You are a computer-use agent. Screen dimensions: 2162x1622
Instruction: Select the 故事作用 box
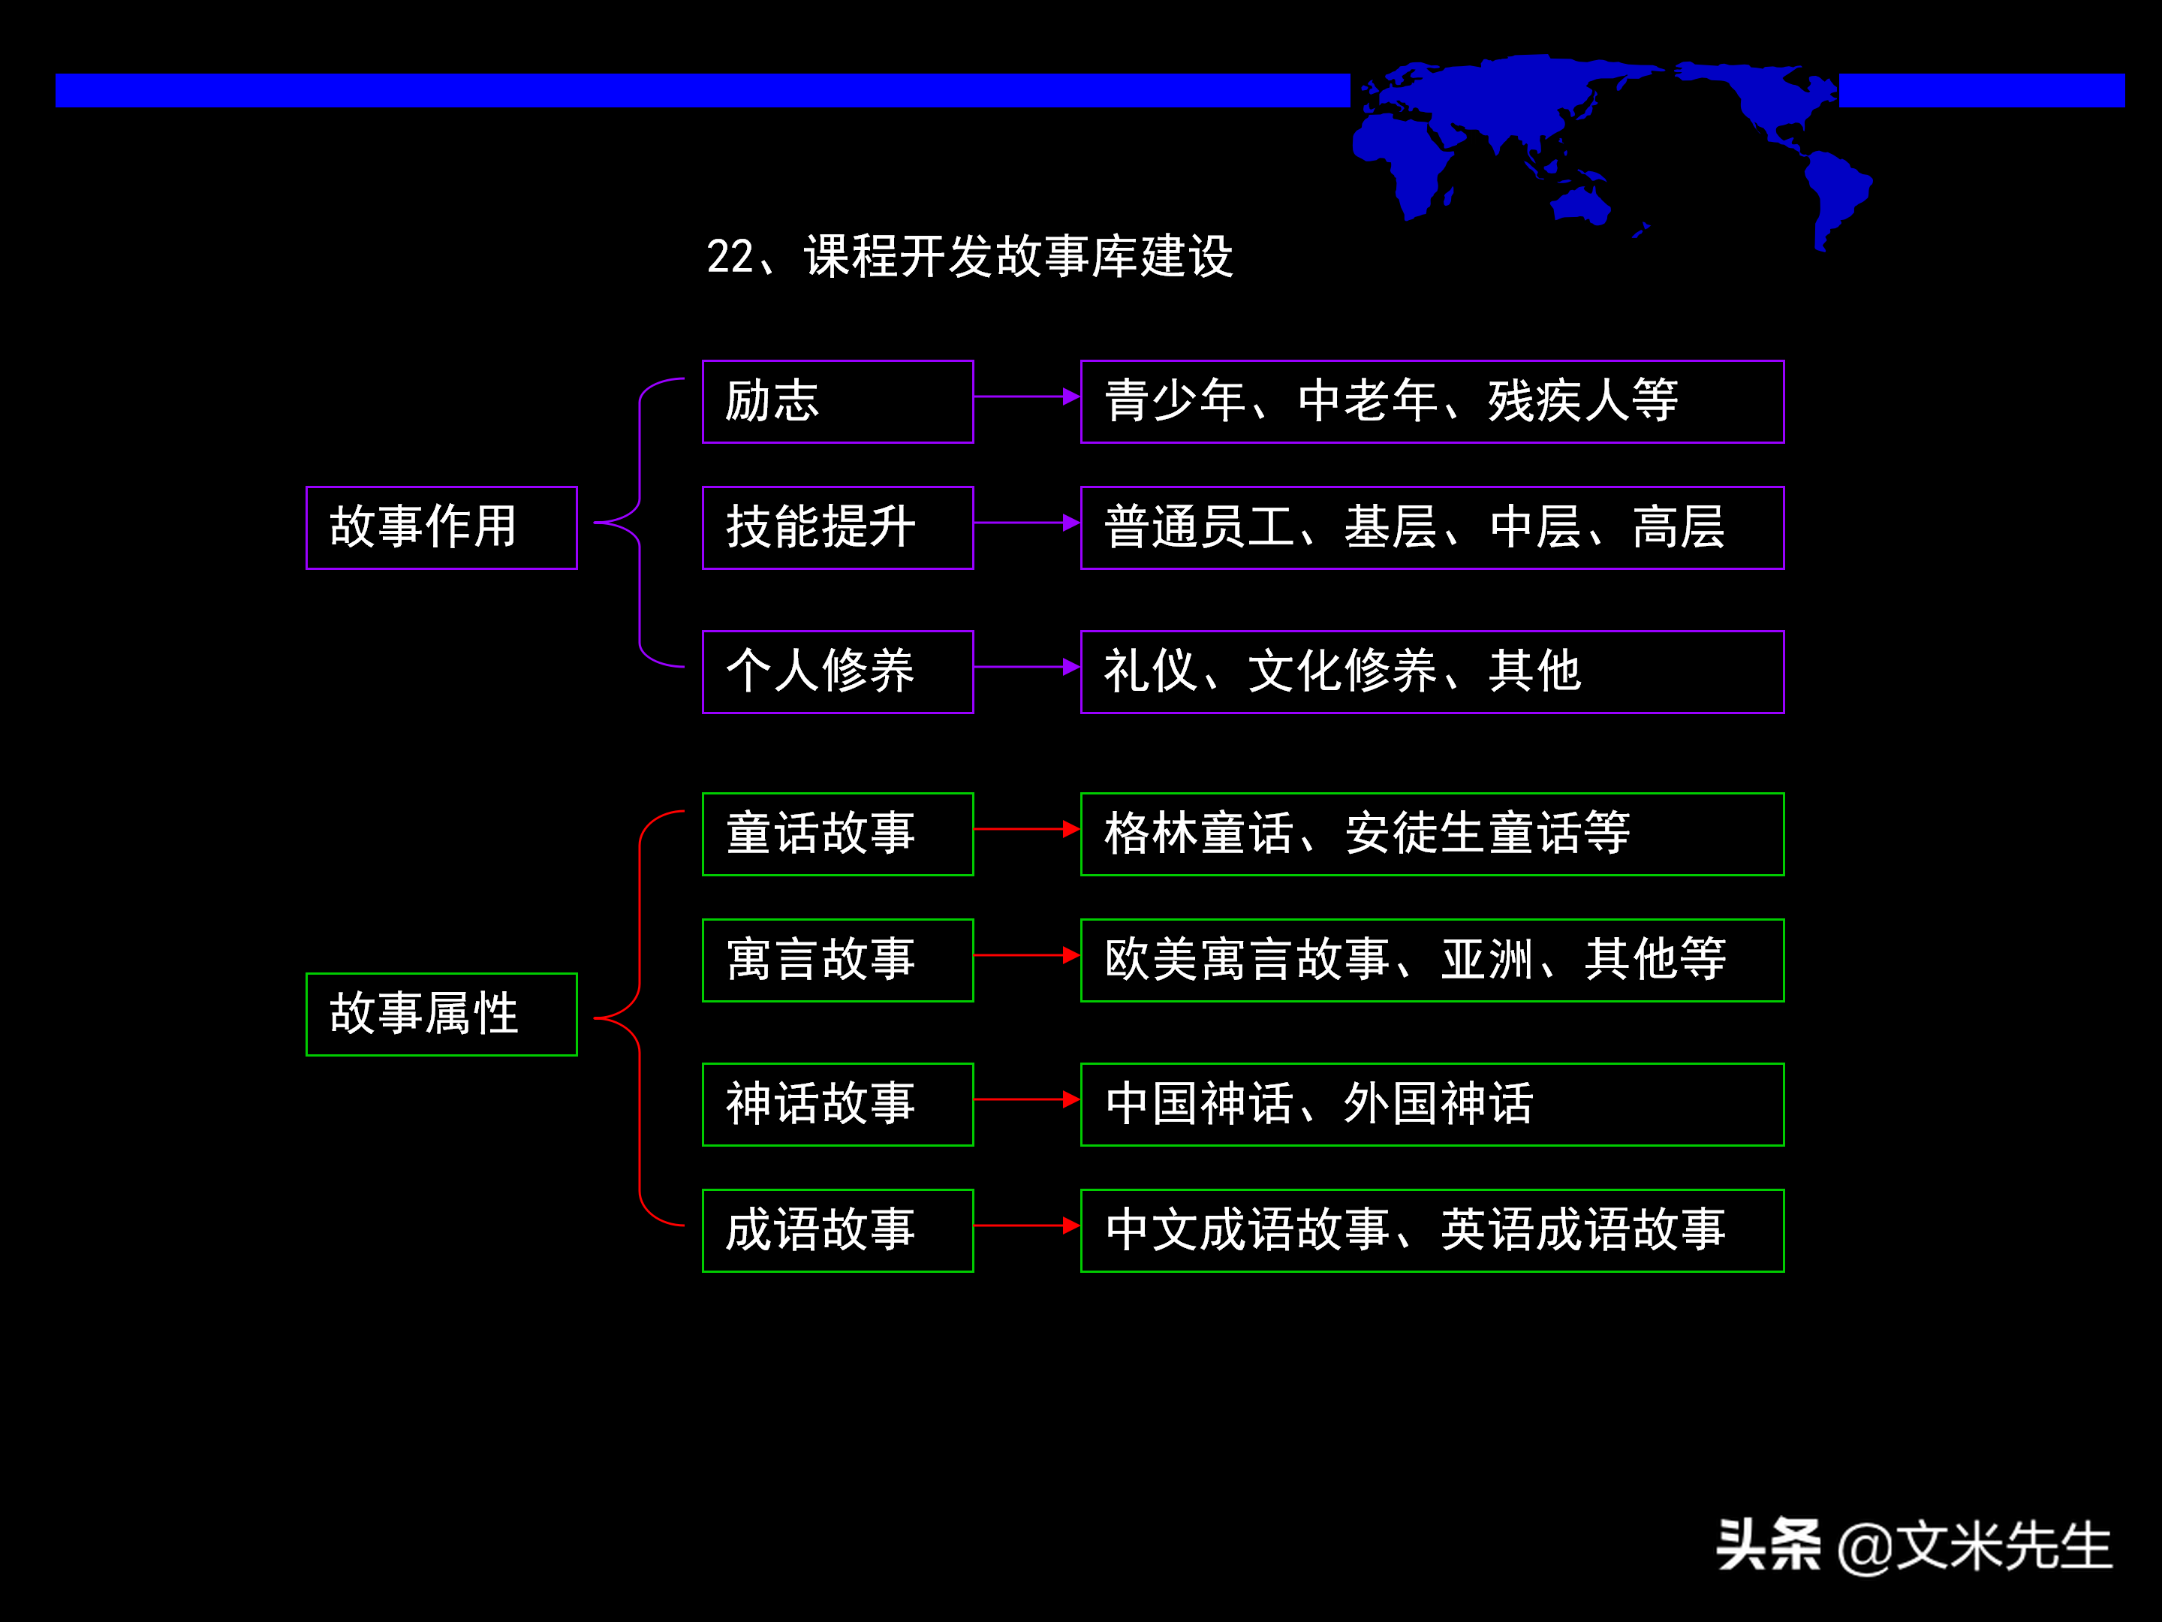click(x=441, y=528)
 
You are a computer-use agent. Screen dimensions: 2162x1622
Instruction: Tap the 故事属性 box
click(x=441, y=1015)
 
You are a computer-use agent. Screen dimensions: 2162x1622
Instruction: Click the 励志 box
click(x=838, y=402)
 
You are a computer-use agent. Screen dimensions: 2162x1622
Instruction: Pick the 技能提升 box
click(x=838, y=528)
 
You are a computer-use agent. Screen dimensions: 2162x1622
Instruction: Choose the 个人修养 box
click(x=838, y=671)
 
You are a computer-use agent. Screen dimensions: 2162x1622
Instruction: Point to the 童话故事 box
click(x=838, y=834)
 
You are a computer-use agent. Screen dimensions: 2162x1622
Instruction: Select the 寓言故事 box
click(x=838, y=960)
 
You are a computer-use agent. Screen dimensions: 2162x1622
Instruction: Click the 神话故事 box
click(x=838, y=1105)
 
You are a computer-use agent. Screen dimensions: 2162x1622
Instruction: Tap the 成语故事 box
click(x=838, y=1231)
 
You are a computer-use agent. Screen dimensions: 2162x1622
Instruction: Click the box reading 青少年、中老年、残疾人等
click(x=1432, y=402)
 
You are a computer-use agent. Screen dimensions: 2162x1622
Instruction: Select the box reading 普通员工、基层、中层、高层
click(x=1432, y=528)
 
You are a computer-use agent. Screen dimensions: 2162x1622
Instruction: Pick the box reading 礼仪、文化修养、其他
click(x=1432, y=671)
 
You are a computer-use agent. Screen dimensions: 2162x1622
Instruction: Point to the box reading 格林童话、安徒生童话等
click(x=1432, y=834)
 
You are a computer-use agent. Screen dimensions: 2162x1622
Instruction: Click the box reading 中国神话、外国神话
click(x=1432, y=1105)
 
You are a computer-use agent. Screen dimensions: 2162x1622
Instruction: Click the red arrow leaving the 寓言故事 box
click(x=1026, y=955)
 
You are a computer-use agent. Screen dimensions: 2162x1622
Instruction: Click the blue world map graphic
click(x=1603, y=137)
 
